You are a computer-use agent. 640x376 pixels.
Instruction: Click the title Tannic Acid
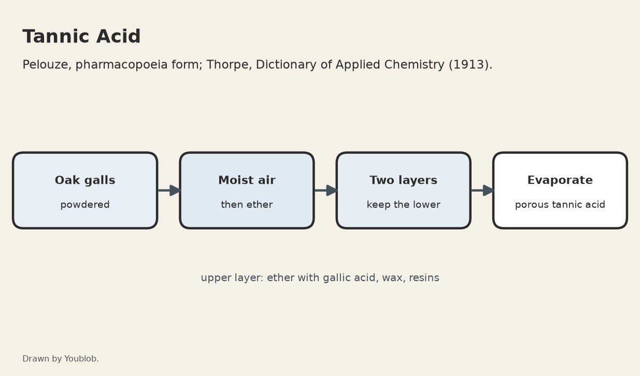(81, 36)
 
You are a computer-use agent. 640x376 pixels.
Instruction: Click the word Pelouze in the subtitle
(47, 65)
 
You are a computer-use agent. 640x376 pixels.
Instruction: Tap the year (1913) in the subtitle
(471, 65)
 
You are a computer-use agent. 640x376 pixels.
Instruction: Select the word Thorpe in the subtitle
(229, 65)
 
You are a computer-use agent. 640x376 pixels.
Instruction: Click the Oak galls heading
(85, 180)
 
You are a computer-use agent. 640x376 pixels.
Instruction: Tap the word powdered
(85, 205)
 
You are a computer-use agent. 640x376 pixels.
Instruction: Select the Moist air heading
(247, 180)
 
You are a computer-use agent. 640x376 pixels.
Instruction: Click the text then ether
(247, 205)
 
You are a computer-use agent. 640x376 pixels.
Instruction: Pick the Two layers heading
(403, 180)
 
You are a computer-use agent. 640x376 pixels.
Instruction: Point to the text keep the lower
(403, 205)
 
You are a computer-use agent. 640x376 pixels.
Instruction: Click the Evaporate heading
(560, 180)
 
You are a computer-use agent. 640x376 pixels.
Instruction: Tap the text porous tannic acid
(560, 205)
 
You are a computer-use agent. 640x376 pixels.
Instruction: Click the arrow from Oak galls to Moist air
(169, 191)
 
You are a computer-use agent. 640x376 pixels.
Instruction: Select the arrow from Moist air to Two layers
(326, 191)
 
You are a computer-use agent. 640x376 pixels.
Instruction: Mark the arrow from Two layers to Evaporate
(482, 191)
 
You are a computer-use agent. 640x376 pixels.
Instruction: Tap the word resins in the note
(424, 278)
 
